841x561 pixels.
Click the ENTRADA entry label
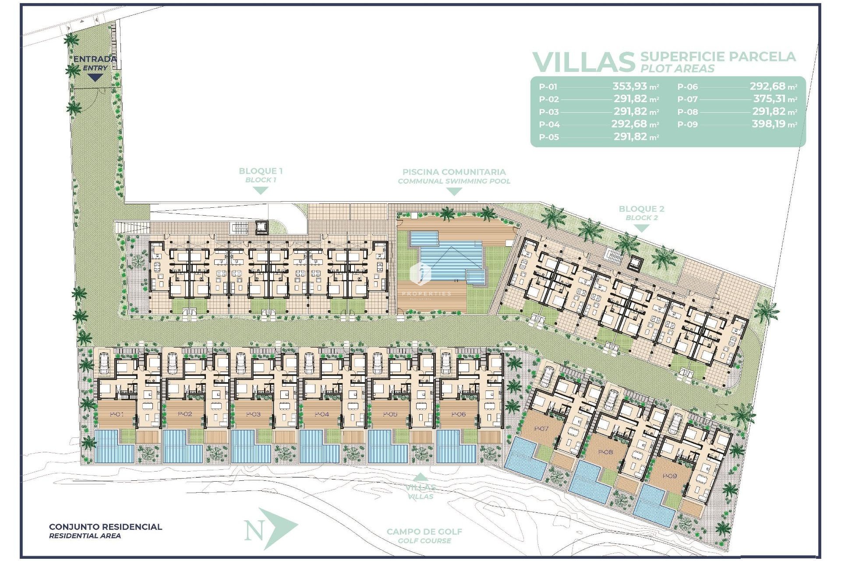95,59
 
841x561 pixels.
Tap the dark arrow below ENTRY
95,78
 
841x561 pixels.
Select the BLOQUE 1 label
261,171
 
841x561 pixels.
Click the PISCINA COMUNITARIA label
454,172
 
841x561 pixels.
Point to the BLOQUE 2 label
641,209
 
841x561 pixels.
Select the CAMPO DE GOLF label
424,532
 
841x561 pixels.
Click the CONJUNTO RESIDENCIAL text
106,527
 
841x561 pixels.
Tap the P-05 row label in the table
549,137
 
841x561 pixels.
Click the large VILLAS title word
583,62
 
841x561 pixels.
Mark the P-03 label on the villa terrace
253,414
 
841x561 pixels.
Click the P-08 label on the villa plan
605,452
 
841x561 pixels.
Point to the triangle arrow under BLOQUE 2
641,228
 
